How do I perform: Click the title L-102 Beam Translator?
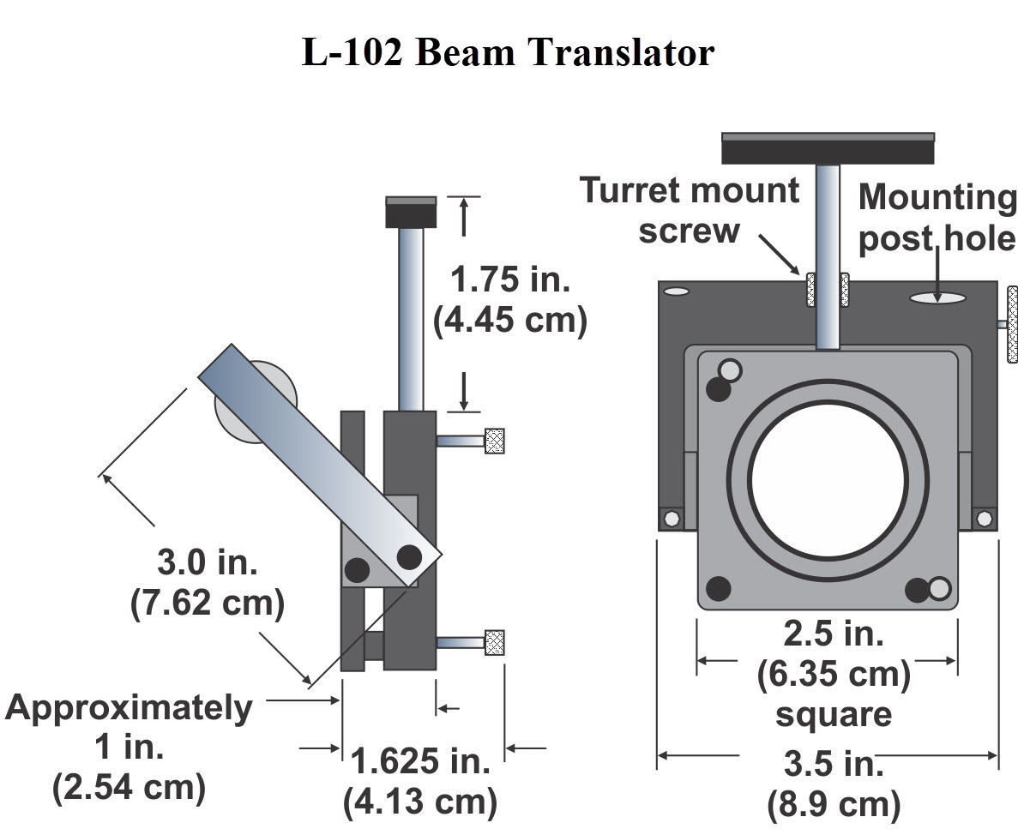click(x=508, y=53)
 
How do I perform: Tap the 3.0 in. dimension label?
click(x=207, y=563)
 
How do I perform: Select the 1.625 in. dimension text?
click(x=420, y=761)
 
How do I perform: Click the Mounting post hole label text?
click(x=937, y=217)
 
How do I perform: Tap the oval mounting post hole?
click(x=938, y=298)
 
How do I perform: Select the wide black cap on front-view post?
click(x=828, y=148)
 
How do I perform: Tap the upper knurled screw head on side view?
click(x=494, y=441)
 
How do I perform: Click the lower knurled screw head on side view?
click(x=494, y=642)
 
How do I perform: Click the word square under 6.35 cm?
click(x=833, y=714)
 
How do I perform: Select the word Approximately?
click(x=130, y=708)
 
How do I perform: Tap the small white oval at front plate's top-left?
click(x=677, y=291)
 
